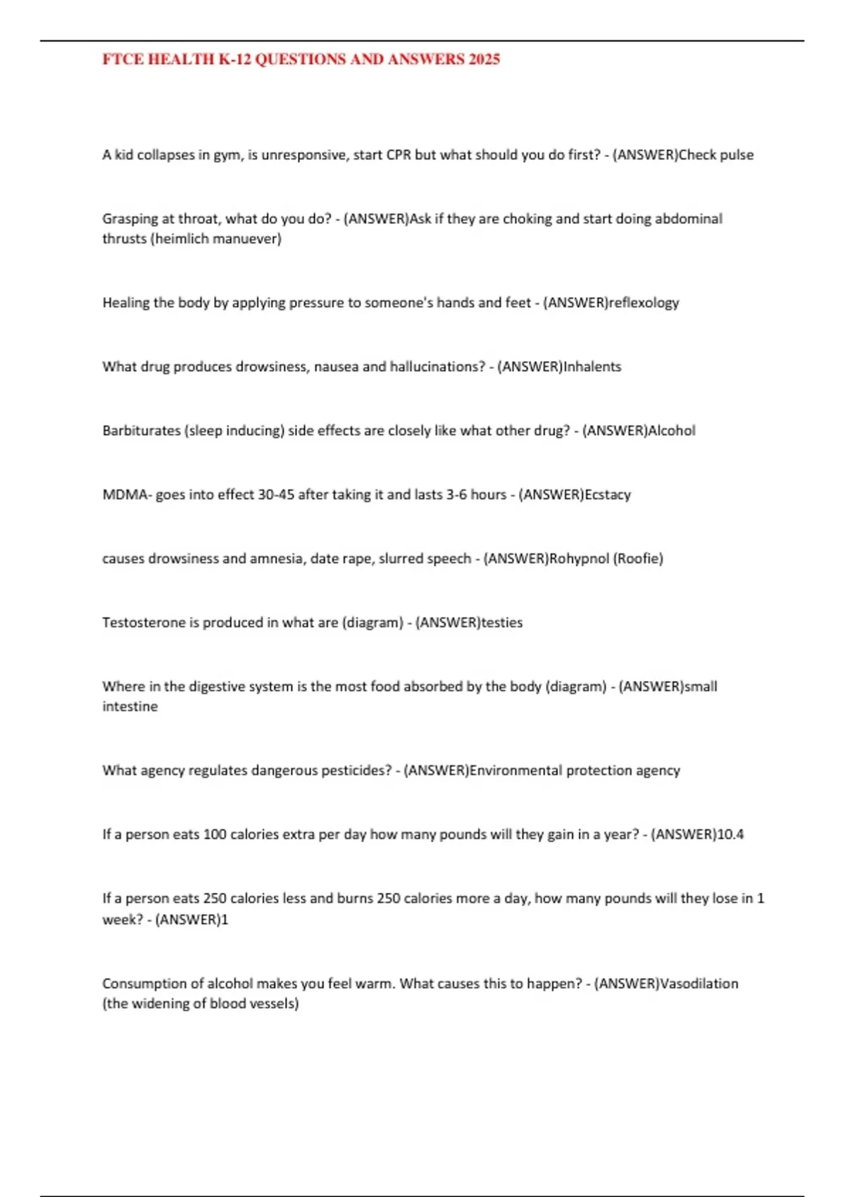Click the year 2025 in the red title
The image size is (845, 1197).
tap(484, 60)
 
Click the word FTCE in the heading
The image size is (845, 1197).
tap(123, 60)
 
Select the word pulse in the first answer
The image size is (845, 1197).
tap(737, 155)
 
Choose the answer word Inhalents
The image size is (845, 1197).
tap(592, 367)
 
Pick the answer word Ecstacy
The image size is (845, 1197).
tap(608, 495)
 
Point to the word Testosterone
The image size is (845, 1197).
tap(144, 623)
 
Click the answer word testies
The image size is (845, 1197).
tap(501, 623)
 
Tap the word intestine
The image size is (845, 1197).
tap(130, 707)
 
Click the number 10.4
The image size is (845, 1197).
tap(730, 835)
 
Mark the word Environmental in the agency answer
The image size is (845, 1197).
tap(516, 771)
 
